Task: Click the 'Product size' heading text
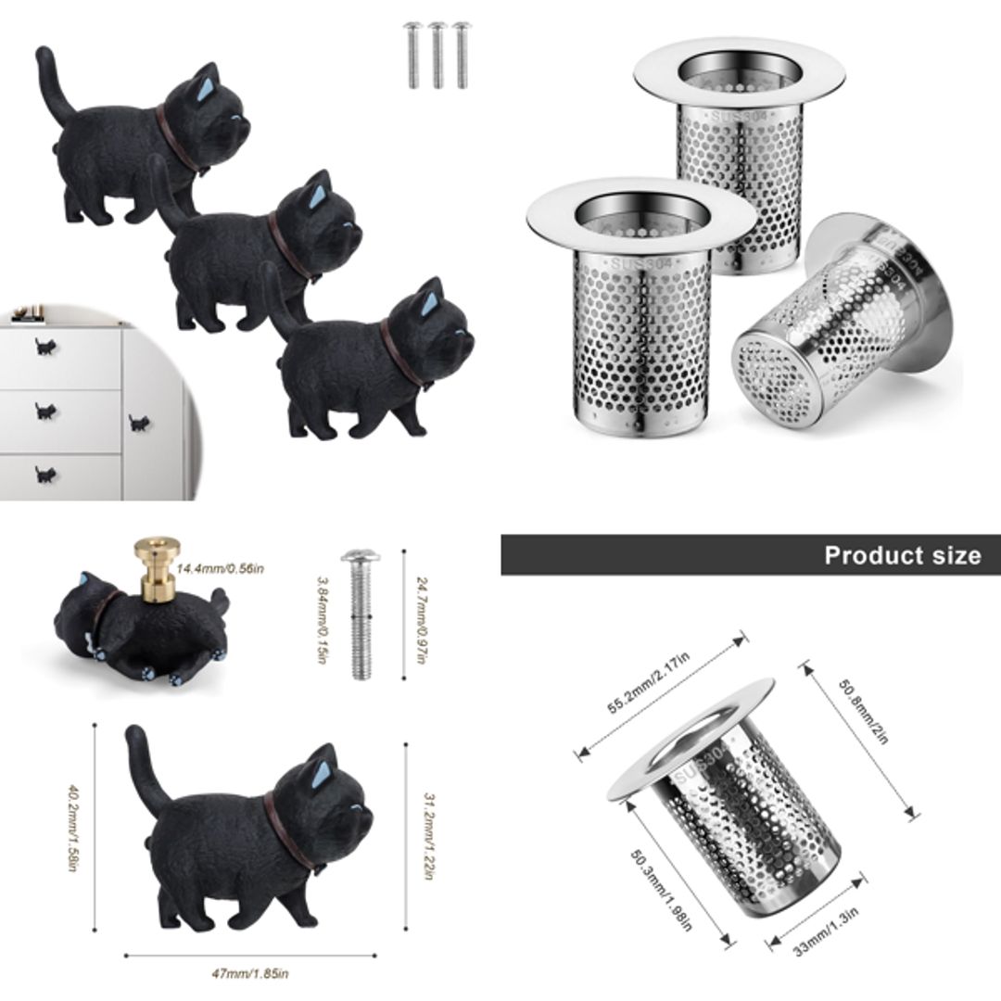902,555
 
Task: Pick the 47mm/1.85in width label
250,972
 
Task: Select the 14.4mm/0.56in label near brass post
219,568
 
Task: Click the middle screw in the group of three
437,55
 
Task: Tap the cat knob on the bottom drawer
44,475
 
